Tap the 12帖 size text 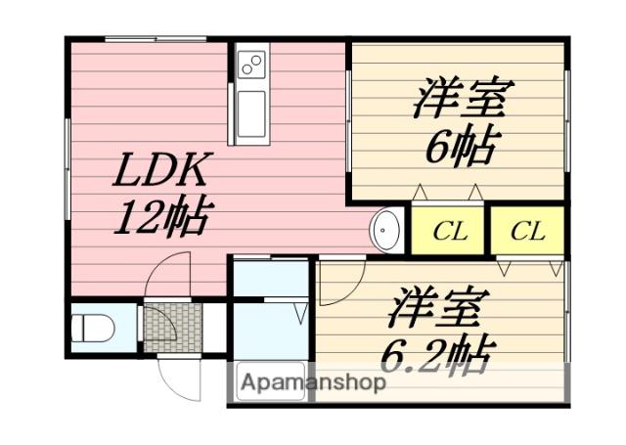[x=161, y=217]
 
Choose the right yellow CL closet [x=527, y=232]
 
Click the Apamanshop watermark [x=311, y=381]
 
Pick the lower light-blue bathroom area [x=269, y=333]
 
